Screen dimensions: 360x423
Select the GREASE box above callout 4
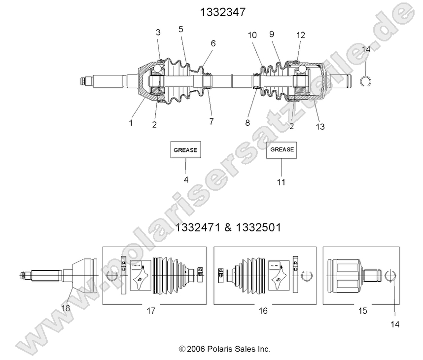(x=186, y=149)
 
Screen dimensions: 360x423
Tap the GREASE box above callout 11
(x=282, y=149)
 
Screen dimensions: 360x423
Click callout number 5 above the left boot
(x=180, y=29)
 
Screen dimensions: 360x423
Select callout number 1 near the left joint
(x=131, y=123)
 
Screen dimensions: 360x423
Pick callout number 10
(x=252, y=35)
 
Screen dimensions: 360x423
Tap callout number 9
(x=271, y=34)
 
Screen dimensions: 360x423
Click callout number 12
(x=301, y=35)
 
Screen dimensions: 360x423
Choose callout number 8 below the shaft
(x=248, y=122)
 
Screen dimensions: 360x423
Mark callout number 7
(x=211, y=121)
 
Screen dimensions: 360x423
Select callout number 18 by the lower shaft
(x=65, y=308)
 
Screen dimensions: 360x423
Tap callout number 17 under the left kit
(x=151, y=311)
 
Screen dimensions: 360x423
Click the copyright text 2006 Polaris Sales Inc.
(x=224, y=349)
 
